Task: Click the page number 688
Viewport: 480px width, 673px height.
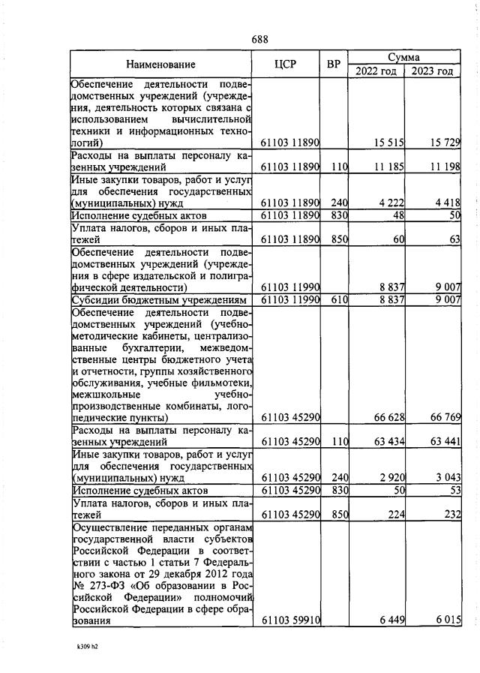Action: [261, 39]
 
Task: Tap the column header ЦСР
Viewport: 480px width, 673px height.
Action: [286, 65]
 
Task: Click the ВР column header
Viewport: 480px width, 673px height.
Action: [334, 65]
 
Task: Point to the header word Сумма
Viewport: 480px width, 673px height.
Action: [404, 57]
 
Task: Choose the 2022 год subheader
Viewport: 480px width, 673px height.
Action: [376, 71]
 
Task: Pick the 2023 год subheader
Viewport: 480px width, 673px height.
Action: [432, 71]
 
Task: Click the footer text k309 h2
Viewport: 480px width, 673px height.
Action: [88, 644]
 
